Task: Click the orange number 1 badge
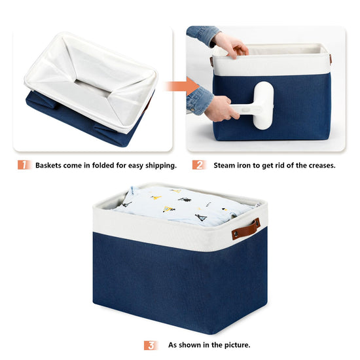click(24, 165)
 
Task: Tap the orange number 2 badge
click(199, 165)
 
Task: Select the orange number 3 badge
click(151, 346)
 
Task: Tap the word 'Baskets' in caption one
click(48, 166)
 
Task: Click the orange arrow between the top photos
click(183, 86)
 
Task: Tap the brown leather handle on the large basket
click(246, 229)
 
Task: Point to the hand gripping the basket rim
click(230, 46)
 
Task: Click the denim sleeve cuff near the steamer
click(199, 100)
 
